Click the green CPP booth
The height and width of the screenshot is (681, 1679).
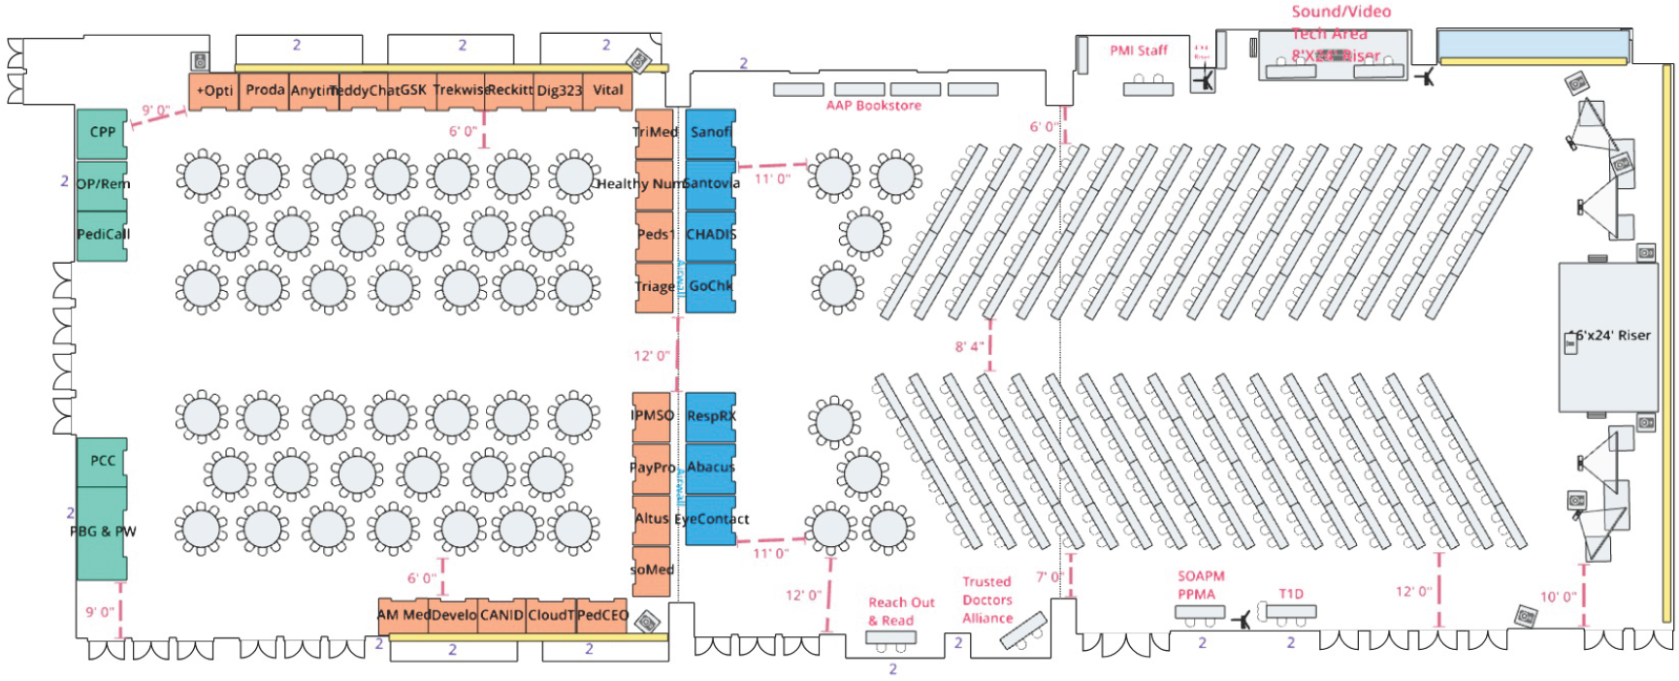tap(102, 133)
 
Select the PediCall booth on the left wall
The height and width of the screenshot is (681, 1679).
tap(102, 235)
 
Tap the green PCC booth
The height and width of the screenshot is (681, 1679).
tap(102, 462)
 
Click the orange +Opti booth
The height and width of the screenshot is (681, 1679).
tap(213, 91)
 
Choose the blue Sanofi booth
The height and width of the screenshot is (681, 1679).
tap(710, 133)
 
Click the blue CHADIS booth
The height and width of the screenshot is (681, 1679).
tap(710, 235)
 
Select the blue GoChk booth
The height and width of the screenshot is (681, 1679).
tap(710, 287)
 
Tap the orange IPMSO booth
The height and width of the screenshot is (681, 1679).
tap(652, 416)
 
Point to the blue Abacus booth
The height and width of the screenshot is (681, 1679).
tap(710, 468)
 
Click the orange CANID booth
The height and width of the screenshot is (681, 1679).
tap(501, 615)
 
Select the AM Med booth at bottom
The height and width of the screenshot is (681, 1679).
tap(403, 615)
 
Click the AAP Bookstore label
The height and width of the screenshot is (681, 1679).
tap(873, 106)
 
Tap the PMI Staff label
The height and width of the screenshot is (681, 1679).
tap(1139, 50)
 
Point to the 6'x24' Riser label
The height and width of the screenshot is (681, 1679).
tap(1612, 336)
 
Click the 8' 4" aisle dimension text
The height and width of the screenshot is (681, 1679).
tap(969, 346)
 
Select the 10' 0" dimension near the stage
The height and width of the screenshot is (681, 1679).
tap(1558, 598)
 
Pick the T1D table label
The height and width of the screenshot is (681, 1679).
tap(1290, 594)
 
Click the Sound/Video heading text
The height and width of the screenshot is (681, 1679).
tap(1340, 13)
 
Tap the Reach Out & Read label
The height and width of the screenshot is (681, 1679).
tap(900, 611)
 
